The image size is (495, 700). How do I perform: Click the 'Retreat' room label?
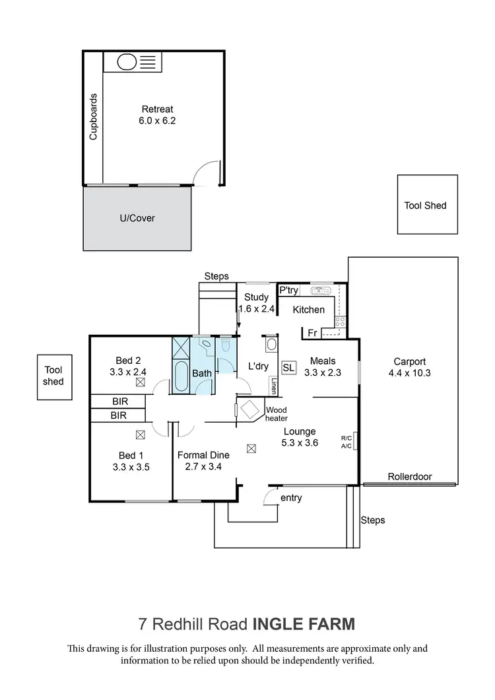[157, 110]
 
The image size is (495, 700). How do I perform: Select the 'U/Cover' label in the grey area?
[138, 218]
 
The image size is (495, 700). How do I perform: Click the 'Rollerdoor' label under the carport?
[409, 475]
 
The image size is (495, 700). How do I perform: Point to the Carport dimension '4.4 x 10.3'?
[409, 373]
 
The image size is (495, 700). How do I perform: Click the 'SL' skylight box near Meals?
[288, 368]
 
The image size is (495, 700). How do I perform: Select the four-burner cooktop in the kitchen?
[341, 322]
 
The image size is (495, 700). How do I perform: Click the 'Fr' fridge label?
[312, 332]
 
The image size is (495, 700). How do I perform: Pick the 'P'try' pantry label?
[288, 290]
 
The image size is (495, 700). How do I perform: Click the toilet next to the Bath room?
[225, 345]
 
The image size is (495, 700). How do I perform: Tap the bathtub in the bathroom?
[180, 376]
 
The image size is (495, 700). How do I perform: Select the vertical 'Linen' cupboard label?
[273, 386]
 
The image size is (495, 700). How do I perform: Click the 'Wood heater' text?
[276, 413]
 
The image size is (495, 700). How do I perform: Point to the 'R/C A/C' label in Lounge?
[346, 442]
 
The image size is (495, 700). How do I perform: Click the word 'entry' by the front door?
[291, 498]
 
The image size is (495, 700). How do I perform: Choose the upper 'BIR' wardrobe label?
[119, 401]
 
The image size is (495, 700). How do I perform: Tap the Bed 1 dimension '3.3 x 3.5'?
[131, 467]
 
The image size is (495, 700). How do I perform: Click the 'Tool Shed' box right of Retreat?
[426, 205]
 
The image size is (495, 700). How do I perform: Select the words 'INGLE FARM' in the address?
[304, 623]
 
